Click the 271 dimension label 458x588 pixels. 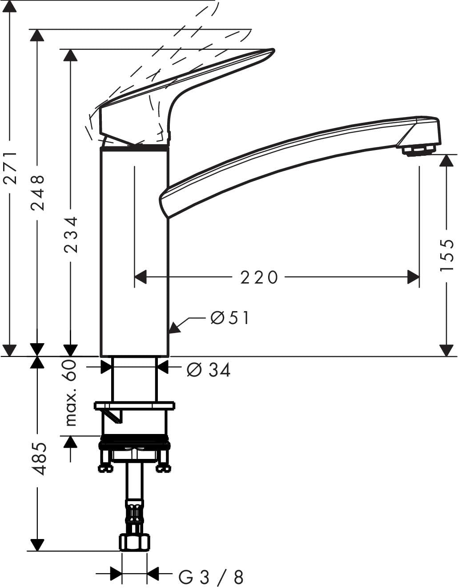pos(10,168)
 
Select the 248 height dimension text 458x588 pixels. pos(37,193)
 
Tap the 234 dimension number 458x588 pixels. pos(71,235)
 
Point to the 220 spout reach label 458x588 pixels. pos(259,278)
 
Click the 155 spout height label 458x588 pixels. pos(446,255)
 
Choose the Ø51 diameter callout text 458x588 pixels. pos(230,318)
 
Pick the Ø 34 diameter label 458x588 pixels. pos(209,370)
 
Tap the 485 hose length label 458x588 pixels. pos(40,459)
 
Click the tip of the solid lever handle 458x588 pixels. pos(273,50)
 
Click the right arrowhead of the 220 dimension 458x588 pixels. pos(414,277)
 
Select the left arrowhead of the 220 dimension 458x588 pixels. pos(141,277)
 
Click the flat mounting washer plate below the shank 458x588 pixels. pos(134,406)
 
